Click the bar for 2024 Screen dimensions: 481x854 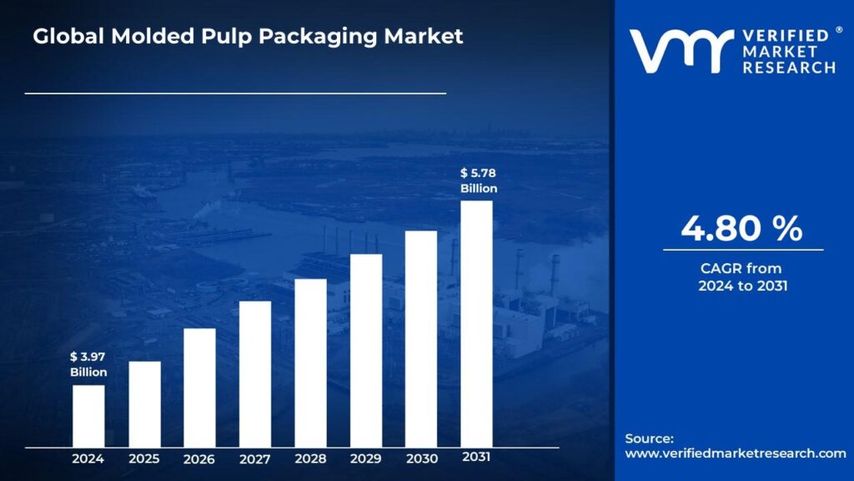pos(88,416)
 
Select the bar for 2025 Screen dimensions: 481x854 pos(144,404)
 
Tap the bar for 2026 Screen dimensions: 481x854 pos(199,387)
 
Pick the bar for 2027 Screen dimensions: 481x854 pos(255,374)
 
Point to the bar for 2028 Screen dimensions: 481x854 pos(310,363)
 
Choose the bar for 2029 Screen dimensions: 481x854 pos(366,351)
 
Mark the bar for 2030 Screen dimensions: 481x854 pos(421,339)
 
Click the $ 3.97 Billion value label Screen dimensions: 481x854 pos(88,365)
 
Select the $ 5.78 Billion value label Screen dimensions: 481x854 pos(479,180)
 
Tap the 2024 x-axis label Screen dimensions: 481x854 pos(88,458)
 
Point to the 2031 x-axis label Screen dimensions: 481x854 pos(476,457)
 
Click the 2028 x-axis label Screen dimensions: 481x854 pos(310,458)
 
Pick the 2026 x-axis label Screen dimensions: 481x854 pos(199,458)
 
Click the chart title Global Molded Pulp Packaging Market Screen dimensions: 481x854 pos(248,37)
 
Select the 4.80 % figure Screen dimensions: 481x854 pos(741,229)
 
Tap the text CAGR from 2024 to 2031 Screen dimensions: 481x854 pos(742,277)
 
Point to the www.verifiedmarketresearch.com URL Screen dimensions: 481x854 pos(736,453)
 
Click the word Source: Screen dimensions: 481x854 pos(649,438)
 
